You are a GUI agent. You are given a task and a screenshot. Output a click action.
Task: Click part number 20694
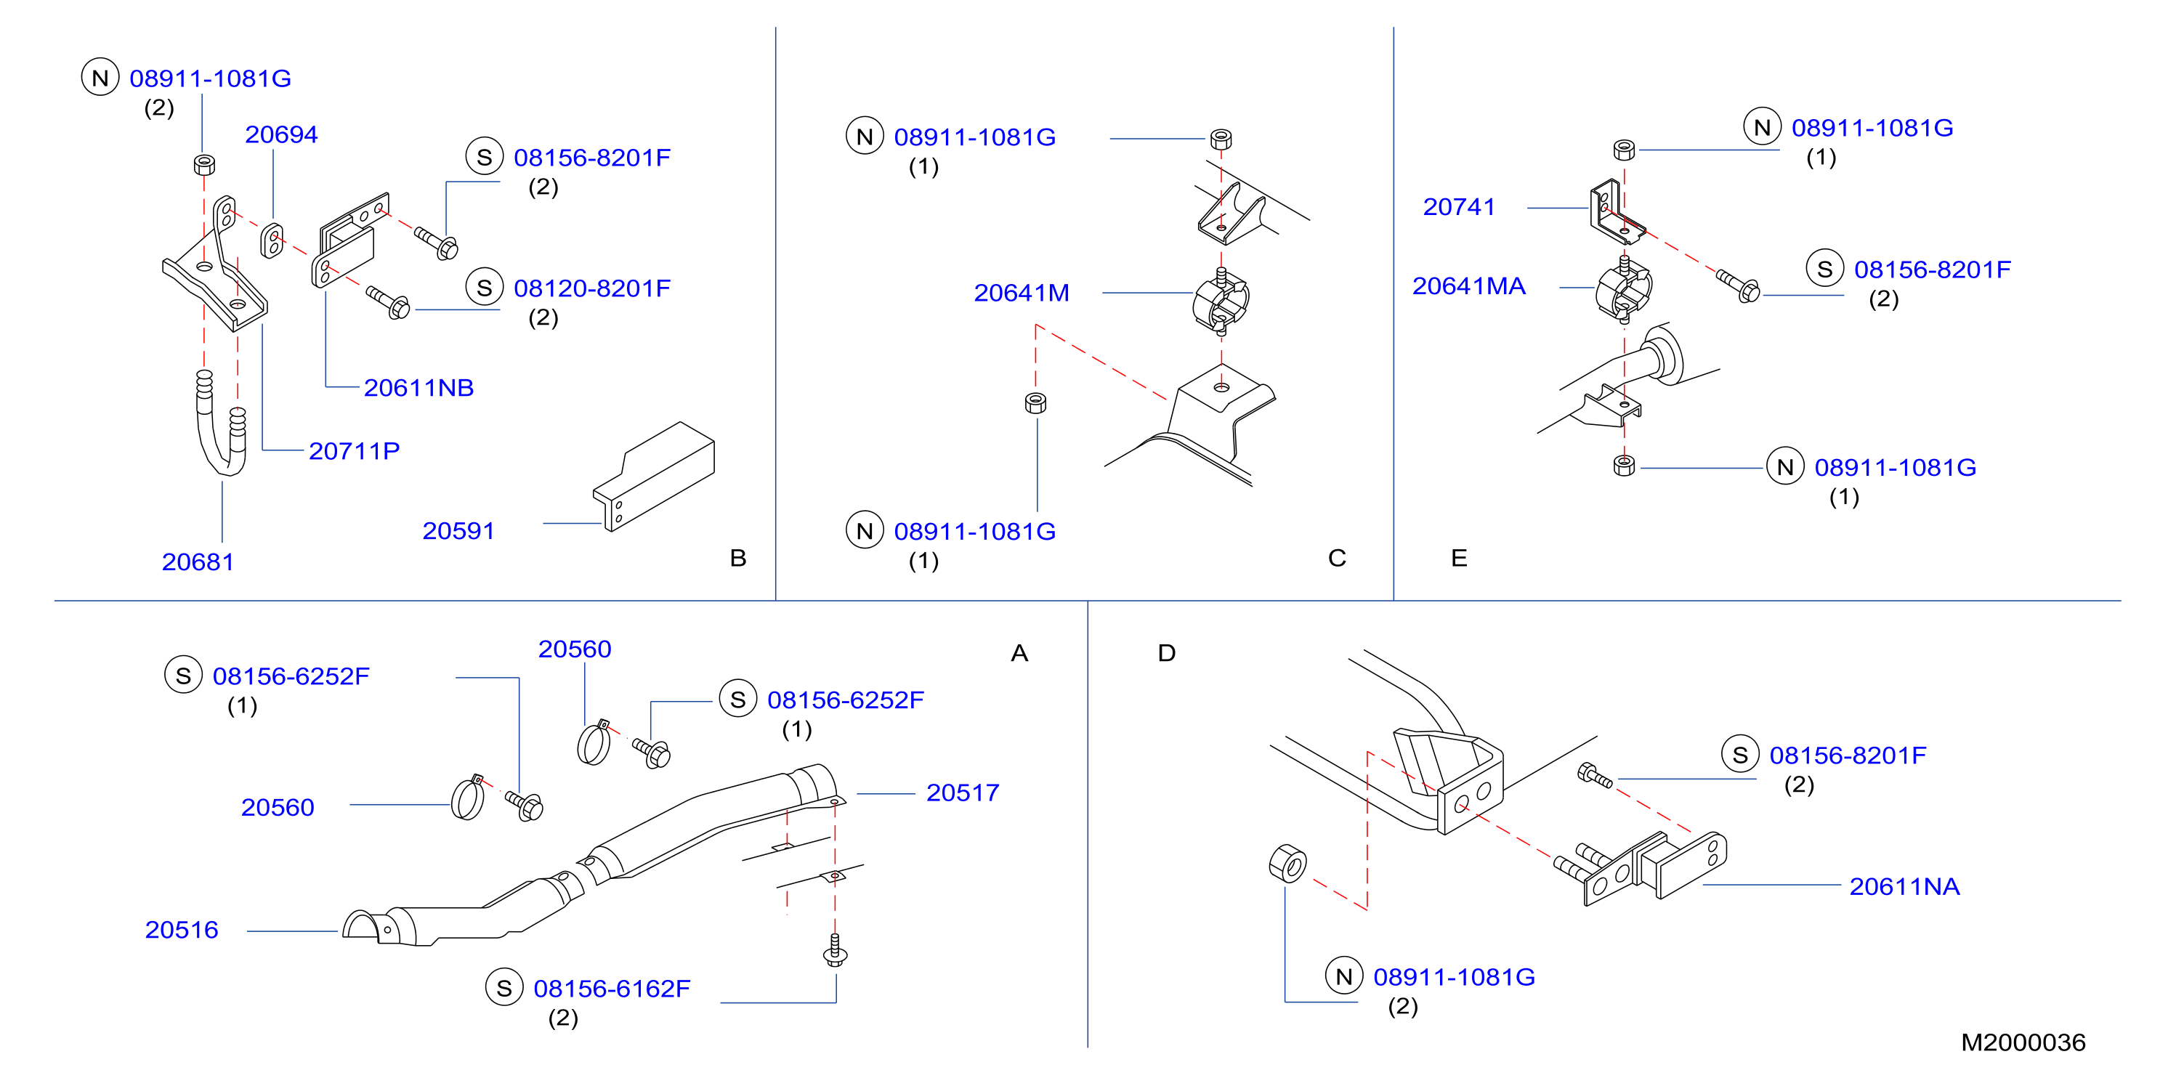[x=281, y=134]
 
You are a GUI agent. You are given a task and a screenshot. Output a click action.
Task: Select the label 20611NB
[x=419, y=388]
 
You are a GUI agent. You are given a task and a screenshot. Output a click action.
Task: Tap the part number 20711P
[x=354, y=451]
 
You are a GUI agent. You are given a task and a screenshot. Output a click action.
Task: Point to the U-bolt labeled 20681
[x=222, y=423]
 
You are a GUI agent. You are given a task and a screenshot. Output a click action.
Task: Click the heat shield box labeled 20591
[x=655, y=476]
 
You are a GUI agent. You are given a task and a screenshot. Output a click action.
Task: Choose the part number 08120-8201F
[x=592, y=288]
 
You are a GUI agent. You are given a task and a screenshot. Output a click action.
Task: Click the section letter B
[x=738, y=558]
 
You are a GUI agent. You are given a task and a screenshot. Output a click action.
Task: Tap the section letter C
[x=1337, y=558]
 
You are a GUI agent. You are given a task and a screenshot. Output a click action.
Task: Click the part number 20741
[x=1459, y=206]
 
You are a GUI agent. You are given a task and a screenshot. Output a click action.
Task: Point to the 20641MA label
[x=1469, y=285]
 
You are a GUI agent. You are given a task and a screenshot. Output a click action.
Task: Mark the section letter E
[x=1459, y=558]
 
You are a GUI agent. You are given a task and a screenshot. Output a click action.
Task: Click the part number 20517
[x=962, y=793]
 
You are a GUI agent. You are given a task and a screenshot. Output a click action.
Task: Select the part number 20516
[x=182, y=929]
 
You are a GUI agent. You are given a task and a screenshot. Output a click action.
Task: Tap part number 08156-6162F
[x=612, y=989]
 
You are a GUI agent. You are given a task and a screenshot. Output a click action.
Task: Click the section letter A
[x=1019, y=653]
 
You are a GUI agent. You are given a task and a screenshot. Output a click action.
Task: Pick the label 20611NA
[x=1904, y=886]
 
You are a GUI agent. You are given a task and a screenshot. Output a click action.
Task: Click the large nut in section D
[x=1287, y=862]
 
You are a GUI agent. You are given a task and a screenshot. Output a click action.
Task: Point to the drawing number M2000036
[x=2023, y=1042]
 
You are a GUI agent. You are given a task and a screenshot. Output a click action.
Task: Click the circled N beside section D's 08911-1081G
[x=1344, y=976]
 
